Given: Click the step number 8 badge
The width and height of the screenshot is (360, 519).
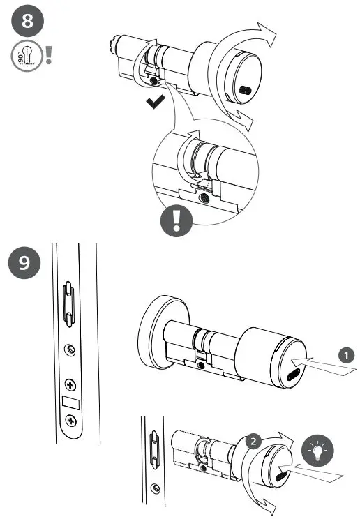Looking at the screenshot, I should coord(28,22).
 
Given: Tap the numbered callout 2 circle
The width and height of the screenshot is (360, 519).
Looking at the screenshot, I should coord(254,441).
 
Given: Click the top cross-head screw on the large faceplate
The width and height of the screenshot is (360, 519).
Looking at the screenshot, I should coord(70,384).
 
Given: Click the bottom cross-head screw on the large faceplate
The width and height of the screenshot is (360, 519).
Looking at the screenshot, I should coord(70,420).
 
